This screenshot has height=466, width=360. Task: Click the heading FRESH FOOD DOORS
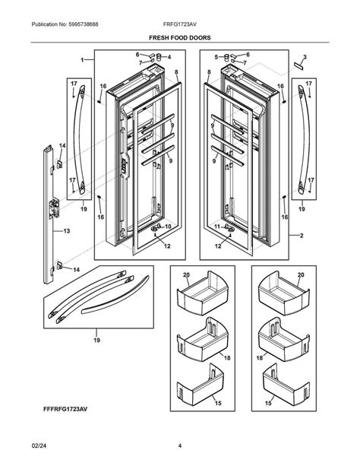tap(179, 36)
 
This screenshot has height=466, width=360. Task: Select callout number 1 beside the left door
tap(81, 59)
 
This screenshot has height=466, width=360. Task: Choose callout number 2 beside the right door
tap(302, 236)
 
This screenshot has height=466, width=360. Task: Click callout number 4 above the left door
tap(169, 57)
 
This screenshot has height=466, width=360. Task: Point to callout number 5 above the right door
tap(216, 57)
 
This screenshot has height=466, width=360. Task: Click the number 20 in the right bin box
tap(301, 274)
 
